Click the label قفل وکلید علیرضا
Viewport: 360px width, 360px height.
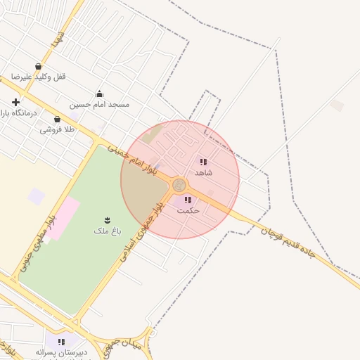pyautogui.click(x=38, y=77)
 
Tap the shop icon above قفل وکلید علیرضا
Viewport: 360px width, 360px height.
pyautogui.click(x=38, y=67)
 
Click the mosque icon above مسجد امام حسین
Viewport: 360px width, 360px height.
pyautogui.click(x=99, y=94)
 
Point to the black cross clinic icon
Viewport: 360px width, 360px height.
pyautogui.click(x=15, y=103)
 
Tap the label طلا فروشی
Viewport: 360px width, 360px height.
pyautogui.click(x=57, y=129)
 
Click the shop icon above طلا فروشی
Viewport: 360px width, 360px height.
pyautogui.click(x=57, y=120)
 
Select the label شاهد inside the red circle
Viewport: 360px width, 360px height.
pyautogui.click(x=203, y=172)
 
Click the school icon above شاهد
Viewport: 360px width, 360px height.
pyautogui.click(x=203, y=162)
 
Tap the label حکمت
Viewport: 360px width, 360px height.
pyautogui.click(x=188, y=210)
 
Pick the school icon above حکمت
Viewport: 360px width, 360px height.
pyautogui.click(x=188, y=200)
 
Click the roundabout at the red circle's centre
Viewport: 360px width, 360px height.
pyautogui.click(x=179, y=185)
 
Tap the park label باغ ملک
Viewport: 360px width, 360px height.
pyautogui.click(x=107, y=230)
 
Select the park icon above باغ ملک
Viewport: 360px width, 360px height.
pyautogui.click(x=107, y=220)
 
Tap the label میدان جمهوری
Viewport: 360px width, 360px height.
pyautogui.click(x=127, y=345)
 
